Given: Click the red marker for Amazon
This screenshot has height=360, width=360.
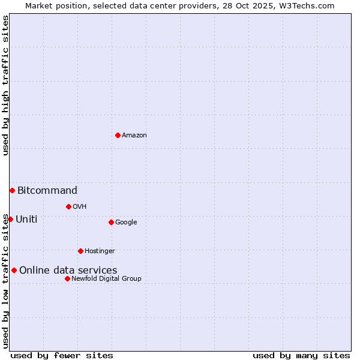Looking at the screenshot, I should [x=118, y=135].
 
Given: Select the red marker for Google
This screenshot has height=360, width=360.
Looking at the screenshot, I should [x=111, y=222].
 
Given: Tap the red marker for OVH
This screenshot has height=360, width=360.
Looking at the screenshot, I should [x=68, y=206].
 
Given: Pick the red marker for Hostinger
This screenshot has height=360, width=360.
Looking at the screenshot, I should [x=80, y=251].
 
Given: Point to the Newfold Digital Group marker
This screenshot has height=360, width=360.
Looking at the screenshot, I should [x=67, y=278].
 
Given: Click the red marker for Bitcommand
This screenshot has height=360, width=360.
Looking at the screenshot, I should [x=12, y=190].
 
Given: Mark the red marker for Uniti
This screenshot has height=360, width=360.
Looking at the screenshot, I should [x=10, y=219].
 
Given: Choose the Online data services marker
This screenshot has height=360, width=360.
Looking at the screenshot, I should [x=14, y=270].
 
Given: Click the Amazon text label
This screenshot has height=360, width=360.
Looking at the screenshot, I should [x=134, y=136].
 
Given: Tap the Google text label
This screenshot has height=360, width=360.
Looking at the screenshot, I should [x=126, y=223].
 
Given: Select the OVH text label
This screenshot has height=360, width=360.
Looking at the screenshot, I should [x=80, y=207].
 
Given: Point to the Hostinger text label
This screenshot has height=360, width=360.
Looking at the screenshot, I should [x=100, y=251].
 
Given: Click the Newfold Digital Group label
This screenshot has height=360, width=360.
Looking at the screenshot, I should [x=106, y=279].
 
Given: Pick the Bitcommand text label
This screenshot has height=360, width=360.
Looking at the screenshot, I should [x=47, y=191].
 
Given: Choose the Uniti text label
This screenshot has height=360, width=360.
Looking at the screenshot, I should [x=26, y=220].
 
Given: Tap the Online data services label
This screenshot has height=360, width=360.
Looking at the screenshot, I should [x=68, y=271].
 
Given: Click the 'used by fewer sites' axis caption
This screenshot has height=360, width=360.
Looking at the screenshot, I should [x=62, y=355].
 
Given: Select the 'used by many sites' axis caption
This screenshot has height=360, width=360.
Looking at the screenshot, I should [x=301, y=355].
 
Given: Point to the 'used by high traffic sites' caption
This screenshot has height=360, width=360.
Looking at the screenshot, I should [x=5, y=85].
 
